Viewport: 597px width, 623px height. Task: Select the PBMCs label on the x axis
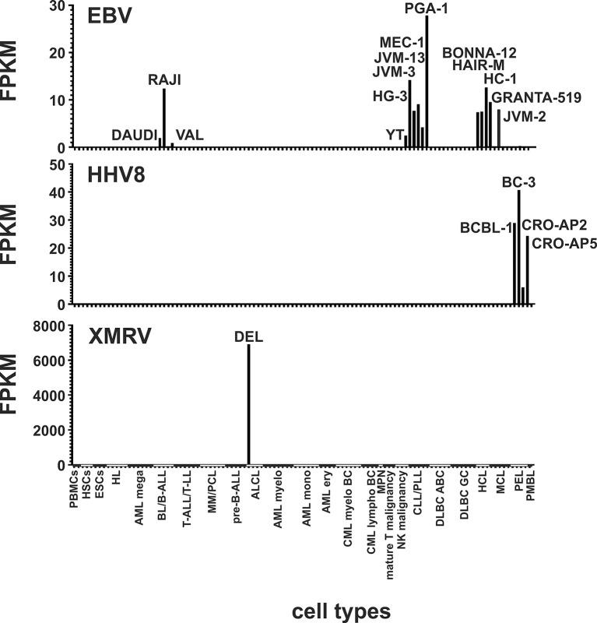click(x=74, y=490)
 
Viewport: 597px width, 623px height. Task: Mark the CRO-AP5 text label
click(x=559, y=241)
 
